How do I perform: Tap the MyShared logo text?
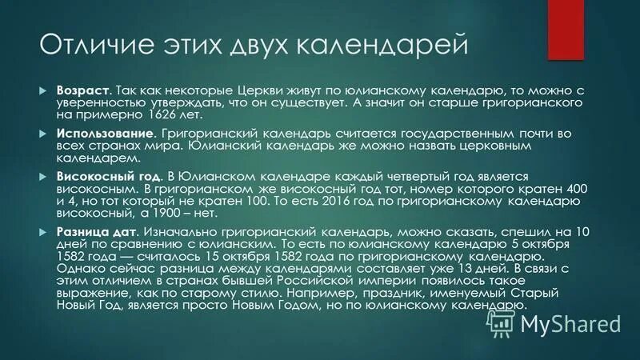click(571, 323)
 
